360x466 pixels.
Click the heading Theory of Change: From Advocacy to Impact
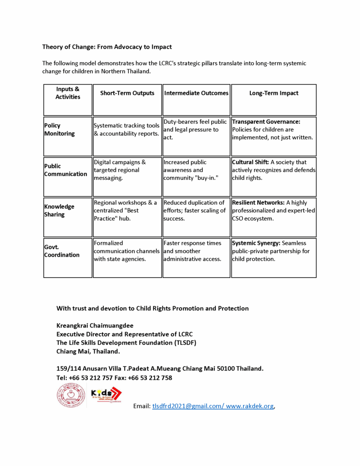[107, 47]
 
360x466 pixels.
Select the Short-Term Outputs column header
[127, 93]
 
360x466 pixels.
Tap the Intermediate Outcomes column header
[196, 93]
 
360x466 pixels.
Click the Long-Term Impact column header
[274, 93]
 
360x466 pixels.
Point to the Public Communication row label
[65, 170]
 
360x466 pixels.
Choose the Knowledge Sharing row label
[59, 211]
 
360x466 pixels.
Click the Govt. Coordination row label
[61, 251]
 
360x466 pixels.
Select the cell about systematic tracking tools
[127, 130]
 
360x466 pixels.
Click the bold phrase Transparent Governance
[266, 122]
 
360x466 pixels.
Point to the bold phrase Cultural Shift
[251, 162]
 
